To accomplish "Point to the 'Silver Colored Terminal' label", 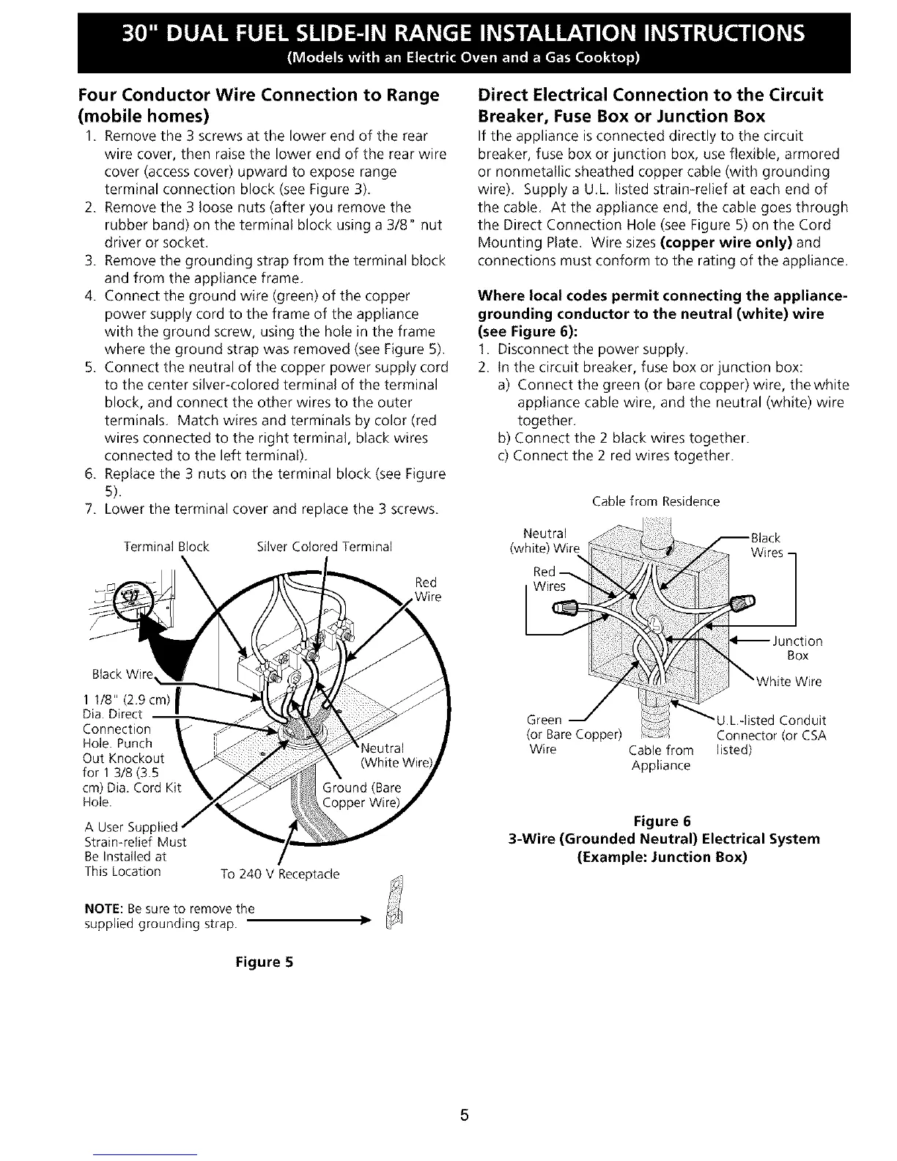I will click(x=325, y=547).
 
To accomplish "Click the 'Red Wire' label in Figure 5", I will click(x=425, y=589).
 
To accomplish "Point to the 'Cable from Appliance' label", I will click(x=661, y=758).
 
